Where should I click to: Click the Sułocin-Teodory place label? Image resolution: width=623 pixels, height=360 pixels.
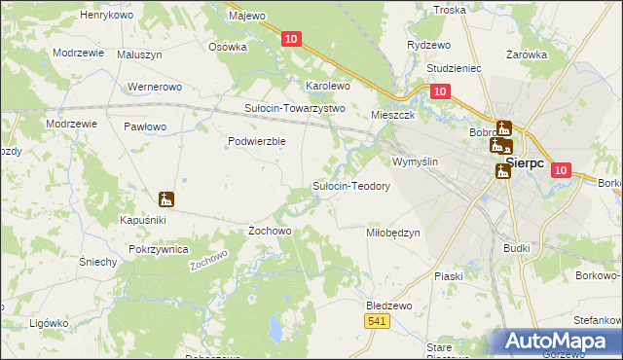pyautogui.click(x=350, y=186)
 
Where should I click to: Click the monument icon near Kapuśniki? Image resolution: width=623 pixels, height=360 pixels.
pyautogui.click(x=166, y=199)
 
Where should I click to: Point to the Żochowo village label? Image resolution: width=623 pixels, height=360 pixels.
pyautogui.click(x=270, y=231)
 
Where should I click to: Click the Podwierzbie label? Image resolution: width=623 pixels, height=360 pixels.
pyautogui.click(x=256, y=141)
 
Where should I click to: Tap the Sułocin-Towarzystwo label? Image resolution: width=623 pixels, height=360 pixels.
pyautogui.click(x=295, y=108)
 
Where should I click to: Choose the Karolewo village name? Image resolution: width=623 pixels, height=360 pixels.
pyautogui.click(x=328, y=86)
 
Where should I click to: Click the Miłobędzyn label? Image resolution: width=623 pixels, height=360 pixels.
pyautogui.click(x=392, y=233)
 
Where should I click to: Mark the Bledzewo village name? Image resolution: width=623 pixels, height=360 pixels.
pyautogui.click(x=389, y=305)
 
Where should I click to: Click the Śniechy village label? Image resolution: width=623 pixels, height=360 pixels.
pyautogui.click(x=98, y=262)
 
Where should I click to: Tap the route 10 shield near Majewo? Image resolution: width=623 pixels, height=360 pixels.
pyautogui.click(x=292, y=38)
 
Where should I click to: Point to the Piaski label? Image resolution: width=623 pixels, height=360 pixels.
pyautogui.click(x=449, y=276)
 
